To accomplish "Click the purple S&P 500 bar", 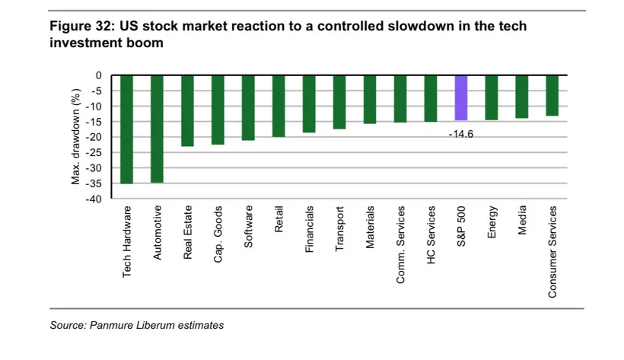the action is [x=461, y=98].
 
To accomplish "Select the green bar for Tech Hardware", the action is [x=126, y=129].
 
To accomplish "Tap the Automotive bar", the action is [x=157, y=129].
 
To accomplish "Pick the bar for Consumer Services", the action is [x=552, y=96].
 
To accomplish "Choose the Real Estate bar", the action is [x=187, y=111].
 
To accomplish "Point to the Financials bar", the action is [x=309, y=104].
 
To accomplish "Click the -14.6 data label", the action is [x=461, y=134].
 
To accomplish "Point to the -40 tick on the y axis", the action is [x=94, y=199].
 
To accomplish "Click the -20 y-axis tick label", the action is [x=94, y=137].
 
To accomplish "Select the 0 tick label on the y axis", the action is [x=98, y=75].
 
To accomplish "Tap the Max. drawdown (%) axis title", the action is [x=75, y=136].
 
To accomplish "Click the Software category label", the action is [x=248, y=227].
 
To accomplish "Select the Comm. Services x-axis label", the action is [x=400, y=244].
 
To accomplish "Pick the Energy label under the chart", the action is [x=492, y=221].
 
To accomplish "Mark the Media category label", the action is [x=522, y=220].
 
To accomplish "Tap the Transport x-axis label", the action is [x=339, y=228].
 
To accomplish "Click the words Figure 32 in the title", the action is [x=82, y=26].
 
